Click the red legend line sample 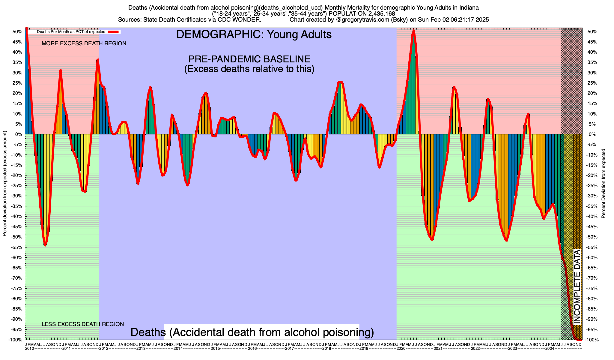click(114, 31)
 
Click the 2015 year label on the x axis click(215, 349)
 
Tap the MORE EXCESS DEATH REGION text click(84, 43)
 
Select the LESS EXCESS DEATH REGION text click(83, 324)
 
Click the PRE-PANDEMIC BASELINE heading click(249, 59)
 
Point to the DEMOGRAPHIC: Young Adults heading click(254, 34)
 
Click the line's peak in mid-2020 click(413, 31)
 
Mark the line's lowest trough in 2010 click(45, 245)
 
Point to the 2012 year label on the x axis click(104, 349)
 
